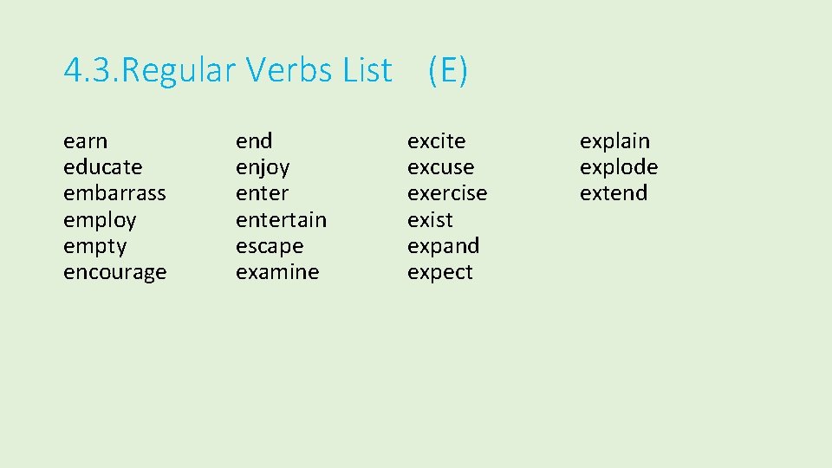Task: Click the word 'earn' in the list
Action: (x=86, y=141)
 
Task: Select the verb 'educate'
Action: (x=103, y=167)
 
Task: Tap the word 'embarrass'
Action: (x=114, y=193)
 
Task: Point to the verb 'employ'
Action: (x=100, y=220)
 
